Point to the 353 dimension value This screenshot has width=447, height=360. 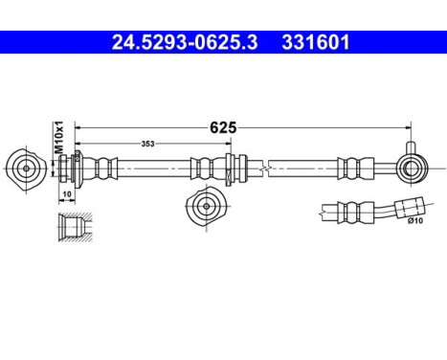(x=148, y=145)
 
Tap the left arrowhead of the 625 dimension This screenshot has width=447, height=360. (x=78, y=126)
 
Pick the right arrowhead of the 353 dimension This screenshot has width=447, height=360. (x=229, y=145)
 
